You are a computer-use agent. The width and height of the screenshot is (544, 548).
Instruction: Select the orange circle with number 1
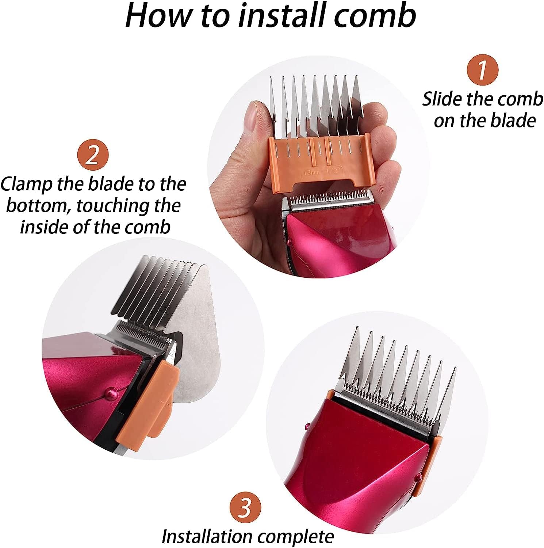point(483,69)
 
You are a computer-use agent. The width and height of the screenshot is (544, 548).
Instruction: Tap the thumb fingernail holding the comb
point(251,116)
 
